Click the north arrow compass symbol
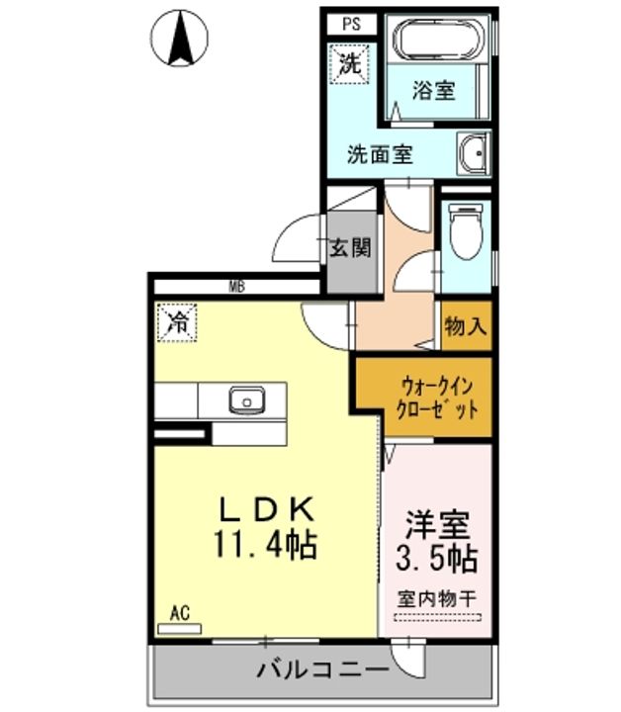tap(179, 39)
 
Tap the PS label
tap(351, 24)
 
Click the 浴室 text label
tap(433, 90)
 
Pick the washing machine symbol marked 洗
tap(349, 64)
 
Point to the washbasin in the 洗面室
tap(474, 153)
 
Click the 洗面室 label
tap(380, 154)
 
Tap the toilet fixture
tap(466, 231)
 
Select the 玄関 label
tap(350, 248)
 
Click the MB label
tap(236, 287)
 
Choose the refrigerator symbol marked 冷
tap(177, 322)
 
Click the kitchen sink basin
tap(246, 400)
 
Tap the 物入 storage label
tap(466, 325)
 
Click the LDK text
tap(266, 509)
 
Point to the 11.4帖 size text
tap(265, 545)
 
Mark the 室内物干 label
tap(437, 599)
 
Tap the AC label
tap(179, 614)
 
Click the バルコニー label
tap(323, 669)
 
